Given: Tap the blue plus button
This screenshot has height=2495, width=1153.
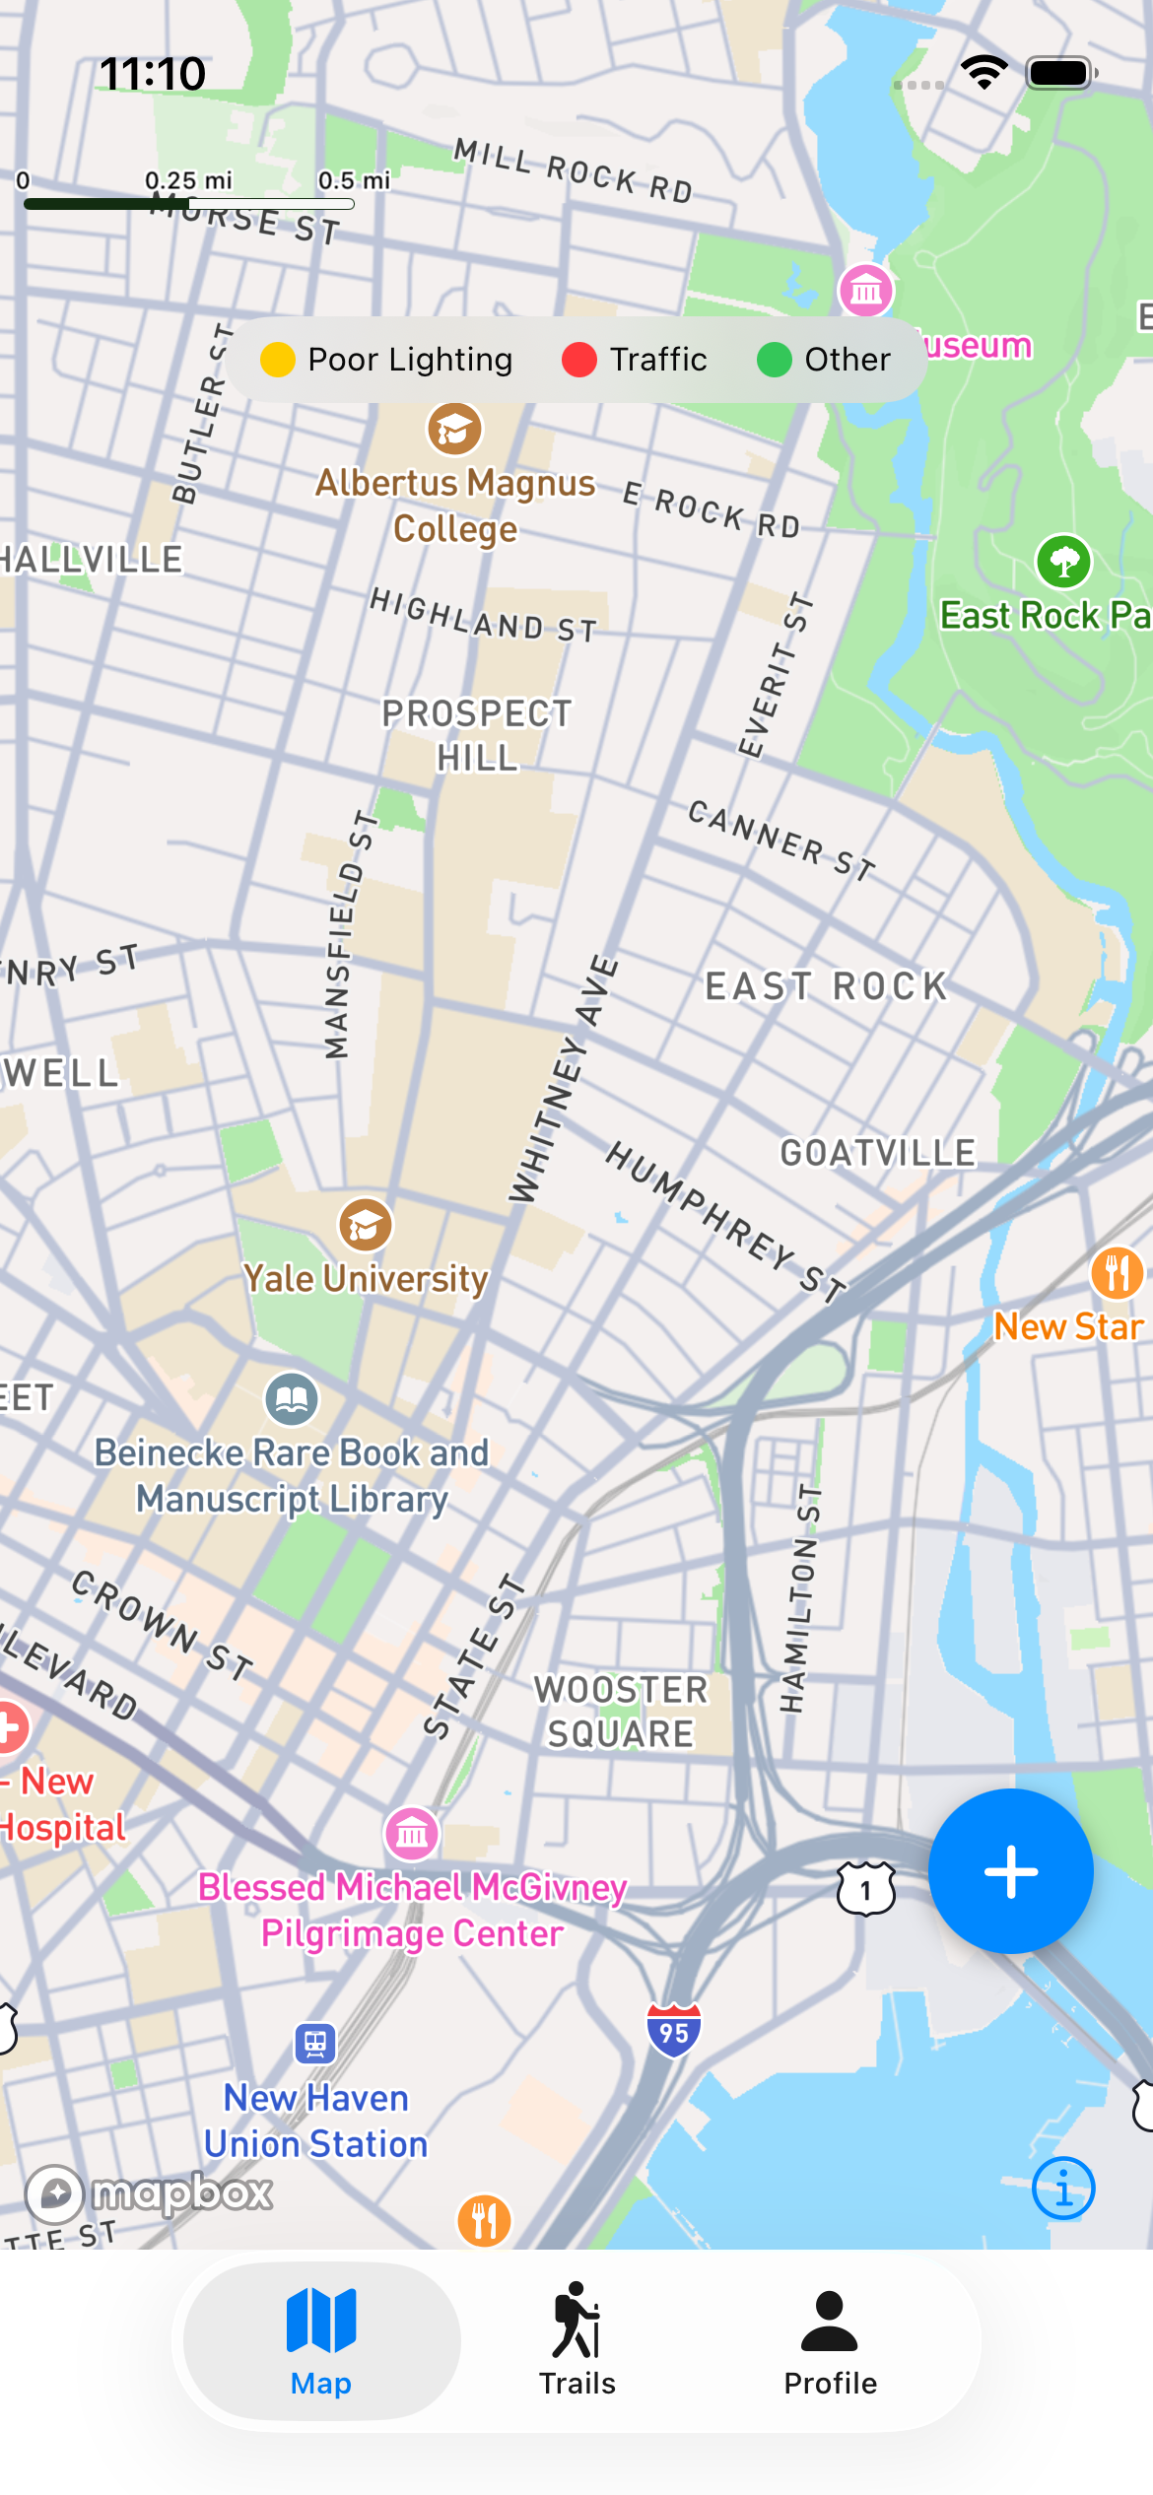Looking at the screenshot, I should tap(1010, 1870).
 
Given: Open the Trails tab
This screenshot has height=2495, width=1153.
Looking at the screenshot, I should tap(576, 2340).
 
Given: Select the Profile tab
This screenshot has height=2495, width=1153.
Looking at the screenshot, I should tap(830, 2340).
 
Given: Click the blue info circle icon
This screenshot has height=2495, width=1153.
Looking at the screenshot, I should tap(1062, 2189).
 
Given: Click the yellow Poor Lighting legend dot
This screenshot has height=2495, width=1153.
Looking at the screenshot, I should tap(277, 360).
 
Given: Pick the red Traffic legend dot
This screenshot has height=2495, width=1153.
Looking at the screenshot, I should tap(579, 360).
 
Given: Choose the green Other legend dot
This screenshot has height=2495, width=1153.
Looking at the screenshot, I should tap(775, 360).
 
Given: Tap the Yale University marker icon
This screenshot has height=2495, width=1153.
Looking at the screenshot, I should tap(366, 1225).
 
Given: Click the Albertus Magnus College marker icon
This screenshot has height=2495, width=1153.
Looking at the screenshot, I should tap(454, 430).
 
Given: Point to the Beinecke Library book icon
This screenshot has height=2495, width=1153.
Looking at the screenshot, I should tap(292, 1399).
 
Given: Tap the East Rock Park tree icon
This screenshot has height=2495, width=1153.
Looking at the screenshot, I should tap(1063, 562).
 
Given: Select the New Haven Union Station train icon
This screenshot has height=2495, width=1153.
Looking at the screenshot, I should tap(315, 2044).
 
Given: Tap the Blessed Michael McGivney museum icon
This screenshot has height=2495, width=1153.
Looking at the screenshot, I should tap(411, 1834).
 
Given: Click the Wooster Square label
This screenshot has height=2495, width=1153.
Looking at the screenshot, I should tap(621, 1712).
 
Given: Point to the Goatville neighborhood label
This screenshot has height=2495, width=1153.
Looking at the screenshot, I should tap(877, 1153).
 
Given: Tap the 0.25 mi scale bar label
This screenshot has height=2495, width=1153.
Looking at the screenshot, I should tap(188, 180).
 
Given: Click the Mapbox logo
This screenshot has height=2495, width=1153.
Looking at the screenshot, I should tap(150, 2192).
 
